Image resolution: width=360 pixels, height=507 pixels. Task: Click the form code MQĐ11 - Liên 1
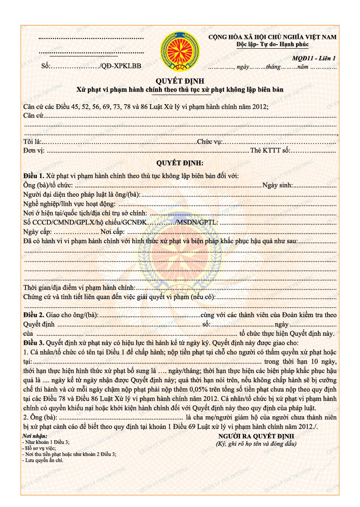(314, 58)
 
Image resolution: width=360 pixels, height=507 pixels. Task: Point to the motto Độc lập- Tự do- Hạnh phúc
(272, 44)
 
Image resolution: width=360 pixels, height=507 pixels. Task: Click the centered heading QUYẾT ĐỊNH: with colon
(180, 163)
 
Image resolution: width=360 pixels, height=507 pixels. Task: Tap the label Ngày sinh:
(277, 185)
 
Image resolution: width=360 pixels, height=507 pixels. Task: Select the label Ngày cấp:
(38, 232)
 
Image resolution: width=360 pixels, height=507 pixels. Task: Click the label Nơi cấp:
(113, 232)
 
